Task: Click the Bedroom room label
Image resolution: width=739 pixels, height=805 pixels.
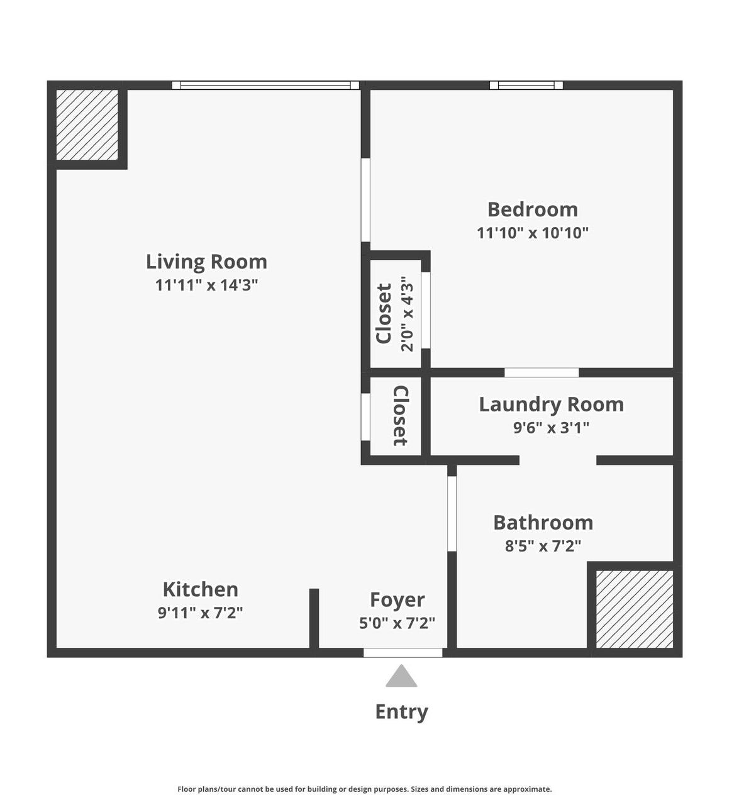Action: coord(532,209)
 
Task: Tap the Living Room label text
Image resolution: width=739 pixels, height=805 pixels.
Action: coord(206,262)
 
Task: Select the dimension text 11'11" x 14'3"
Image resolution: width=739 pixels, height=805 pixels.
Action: coord(206,285)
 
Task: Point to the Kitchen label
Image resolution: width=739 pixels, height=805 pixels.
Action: coord(200,589)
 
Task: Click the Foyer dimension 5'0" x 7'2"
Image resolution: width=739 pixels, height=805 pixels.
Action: coord(397,623)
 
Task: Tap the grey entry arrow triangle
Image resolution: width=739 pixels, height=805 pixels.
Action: coord(401,677)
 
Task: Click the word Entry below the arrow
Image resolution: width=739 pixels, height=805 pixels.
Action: coord(401,712)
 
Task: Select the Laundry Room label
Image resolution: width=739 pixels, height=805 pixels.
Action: coord(551,404)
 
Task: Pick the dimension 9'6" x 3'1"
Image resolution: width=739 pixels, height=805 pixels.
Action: coord(551,428)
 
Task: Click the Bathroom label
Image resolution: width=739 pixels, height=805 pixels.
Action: coord(543,523)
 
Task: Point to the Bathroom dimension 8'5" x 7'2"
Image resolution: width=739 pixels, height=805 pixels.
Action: coord(543,546)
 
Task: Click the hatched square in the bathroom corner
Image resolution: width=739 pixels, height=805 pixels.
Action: coord(634,609)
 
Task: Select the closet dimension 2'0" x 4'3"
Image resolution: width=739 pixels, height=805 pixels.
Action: coord(408,314)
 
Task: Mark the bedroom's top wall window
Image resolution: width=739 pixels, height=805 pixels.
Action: coord(526,86)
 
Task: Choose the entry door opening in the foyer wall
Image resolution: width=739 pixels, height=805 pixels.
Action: coord(403,653)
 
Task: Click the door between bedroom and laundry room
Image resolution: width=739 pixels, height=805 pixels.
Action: coord(542,373)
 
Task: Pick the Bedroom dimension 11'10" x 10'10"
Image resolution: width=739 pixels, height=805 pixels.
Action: coord(532,233)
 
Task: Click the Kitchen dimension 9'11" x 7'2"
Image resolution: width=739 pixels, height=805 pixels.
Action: coord(200,613)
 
